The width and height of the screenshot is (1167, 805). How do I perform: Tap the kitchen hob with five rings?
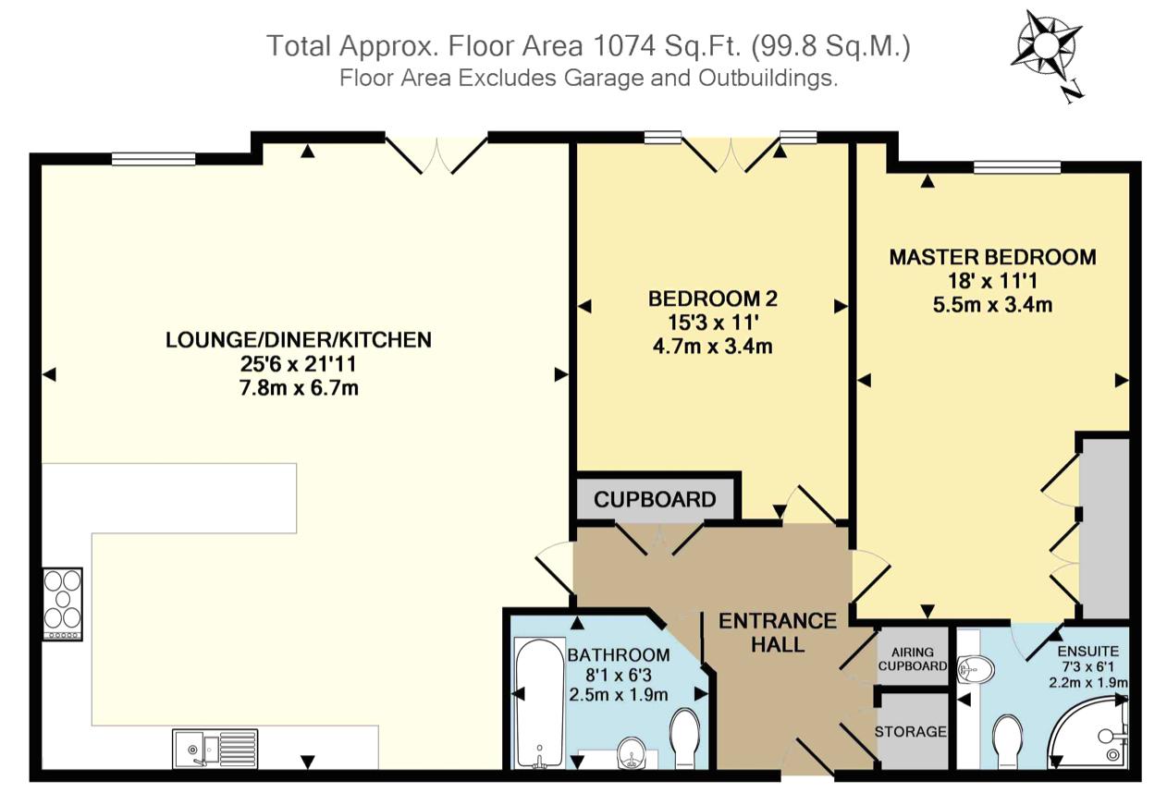click(63, 604)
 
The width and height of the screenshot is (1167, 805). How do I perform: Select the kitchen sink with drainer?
click(215, 749)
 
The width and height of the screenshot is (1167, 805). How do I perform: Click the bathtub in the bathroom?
click(539, 703)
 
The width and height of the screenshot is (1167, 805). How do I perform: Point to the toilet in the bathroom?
click(684, 738)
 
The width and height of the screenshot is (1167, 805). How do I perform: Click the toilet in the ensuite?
click(1008, 742)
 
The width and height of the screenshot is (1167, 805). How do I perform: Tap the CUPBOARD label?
click(655, 500)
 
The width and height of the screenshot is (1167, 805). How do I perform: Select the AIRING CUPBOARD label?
click(913, 659)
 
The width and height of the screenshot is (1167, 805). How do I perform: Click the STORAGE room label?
click(911, 732)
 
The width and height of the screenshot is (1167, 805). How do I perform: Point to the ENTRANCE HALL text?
click(778, 633)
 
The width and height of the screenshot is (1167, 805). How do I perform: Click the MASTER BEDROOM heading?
click(993, 257)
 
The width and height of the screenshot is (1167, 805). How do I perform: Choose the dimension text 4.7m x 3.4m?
click(713, 347)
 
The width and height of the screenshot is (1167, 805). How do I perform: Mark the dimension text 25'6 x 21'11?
click(299, 364)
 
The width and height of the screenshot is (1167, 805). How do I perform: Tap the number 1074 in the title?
click(625, 46)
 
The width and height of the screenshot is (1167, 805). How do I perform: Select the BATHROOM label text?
click(619, 655)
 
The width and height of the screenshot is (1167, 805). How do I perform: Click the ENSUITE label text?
click(1088, 652)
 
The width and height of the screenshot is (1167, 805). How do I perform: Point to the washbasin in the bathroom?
click(631, 753)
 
